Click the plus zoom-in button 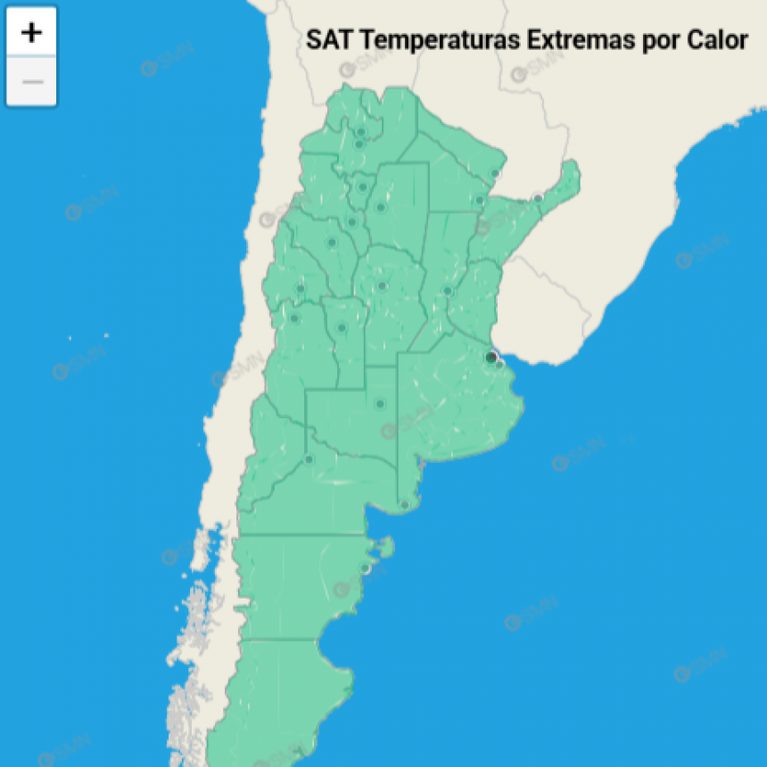click(x=32, y=33)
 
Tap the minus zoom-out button click(x=32, y=82)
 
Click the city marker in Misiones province click(x=538, y=198)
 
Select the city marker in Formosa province click(x=496, y=174)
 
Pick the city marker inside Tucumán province click(x=362, y=187)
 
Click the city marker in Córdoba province click(x=382, y=286)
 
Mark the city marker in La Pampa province click(x=380, y=404)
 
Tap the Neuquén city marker click(x=309, y=459)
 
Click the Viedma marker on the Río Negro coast click(x=404, y=505)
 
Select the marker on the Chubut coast click(x=365, y=568)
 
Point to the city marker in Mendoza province click(x=294, y=318)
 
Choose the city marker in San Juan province click(x=301, y=288)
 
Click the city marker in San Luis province click(x=341, y=328)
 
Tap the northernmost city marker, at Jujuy click(x=360, y=132)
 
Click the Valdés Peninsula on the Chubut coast click(x=385, y=545)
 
